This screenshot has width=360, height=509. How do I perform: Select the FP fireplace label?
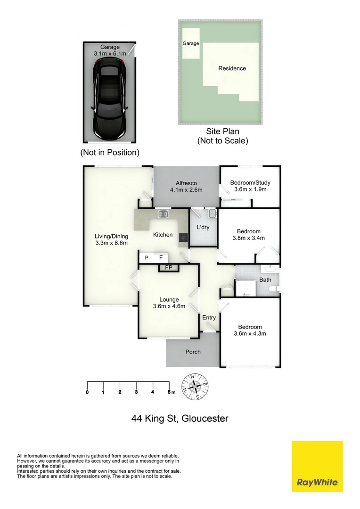[168, 268]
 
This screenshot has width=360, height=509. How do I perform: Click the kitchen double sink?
[164, 215]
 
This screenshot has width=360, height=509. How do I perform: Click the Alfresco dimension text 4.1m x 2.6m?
[186, 190]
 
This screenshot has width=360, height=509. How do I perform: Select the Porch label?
[193, 352]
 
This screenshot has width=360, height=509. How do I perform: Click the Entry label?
[209, 318]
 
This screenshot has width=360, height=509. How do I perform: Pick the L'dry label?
[203, 227]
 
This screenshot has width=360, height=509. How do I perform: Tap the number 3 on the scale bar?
[136, 392]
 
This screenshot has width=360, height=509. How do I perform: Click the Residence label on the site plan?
[232, 68]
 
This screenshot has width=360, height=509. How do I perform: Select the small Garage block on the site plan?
[191, 43]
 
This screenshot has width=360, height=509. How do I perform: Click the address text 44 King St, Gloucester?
[180, 419]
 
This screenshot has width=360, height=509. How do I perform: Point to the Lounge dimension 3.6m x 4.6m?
[169, 306]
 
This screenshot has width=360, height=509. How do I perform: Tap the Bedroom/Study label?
[250, 183]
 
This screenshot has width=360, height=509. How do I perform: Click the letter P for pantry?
[147, 258]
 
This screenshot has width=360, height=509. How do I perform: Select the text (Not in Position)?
[110, 152]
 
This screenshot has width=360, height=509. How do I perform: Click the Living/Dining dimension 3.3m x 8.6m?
[112, 243]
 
